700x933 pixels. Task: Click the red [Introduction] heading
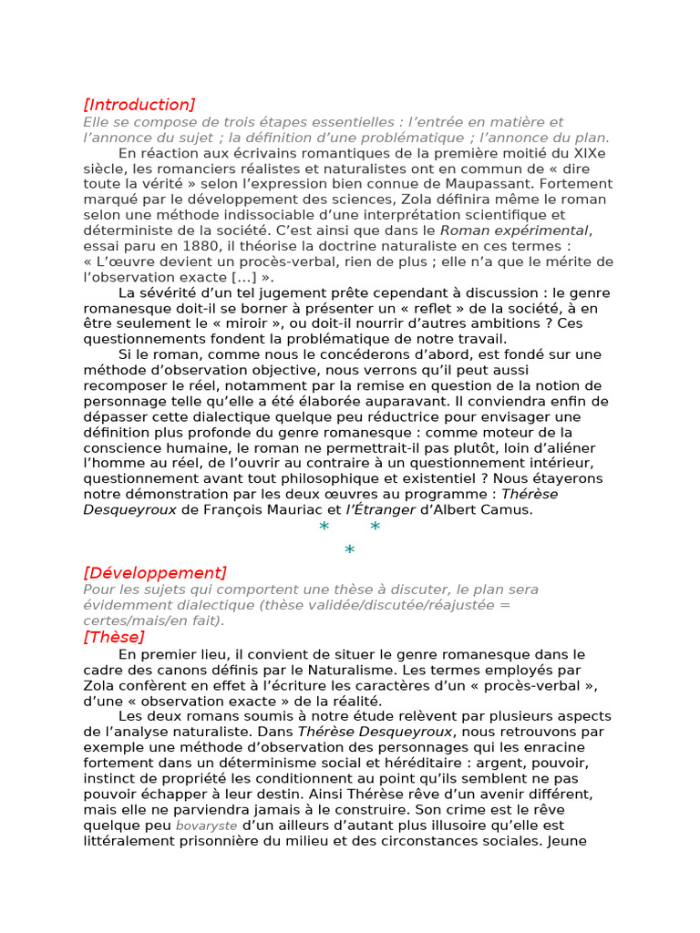tap(139, 104)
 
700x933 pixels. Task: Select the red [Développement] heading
tap(154, 572)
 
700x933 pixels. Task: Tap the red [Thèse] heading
tap(113, 637)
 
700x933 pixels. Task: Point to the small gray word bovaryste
tap(206, 825)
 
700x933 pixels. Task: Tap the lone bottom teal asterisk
tap(349, 549)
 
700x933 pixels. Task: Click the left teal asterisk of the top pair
tap(324, 528)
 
